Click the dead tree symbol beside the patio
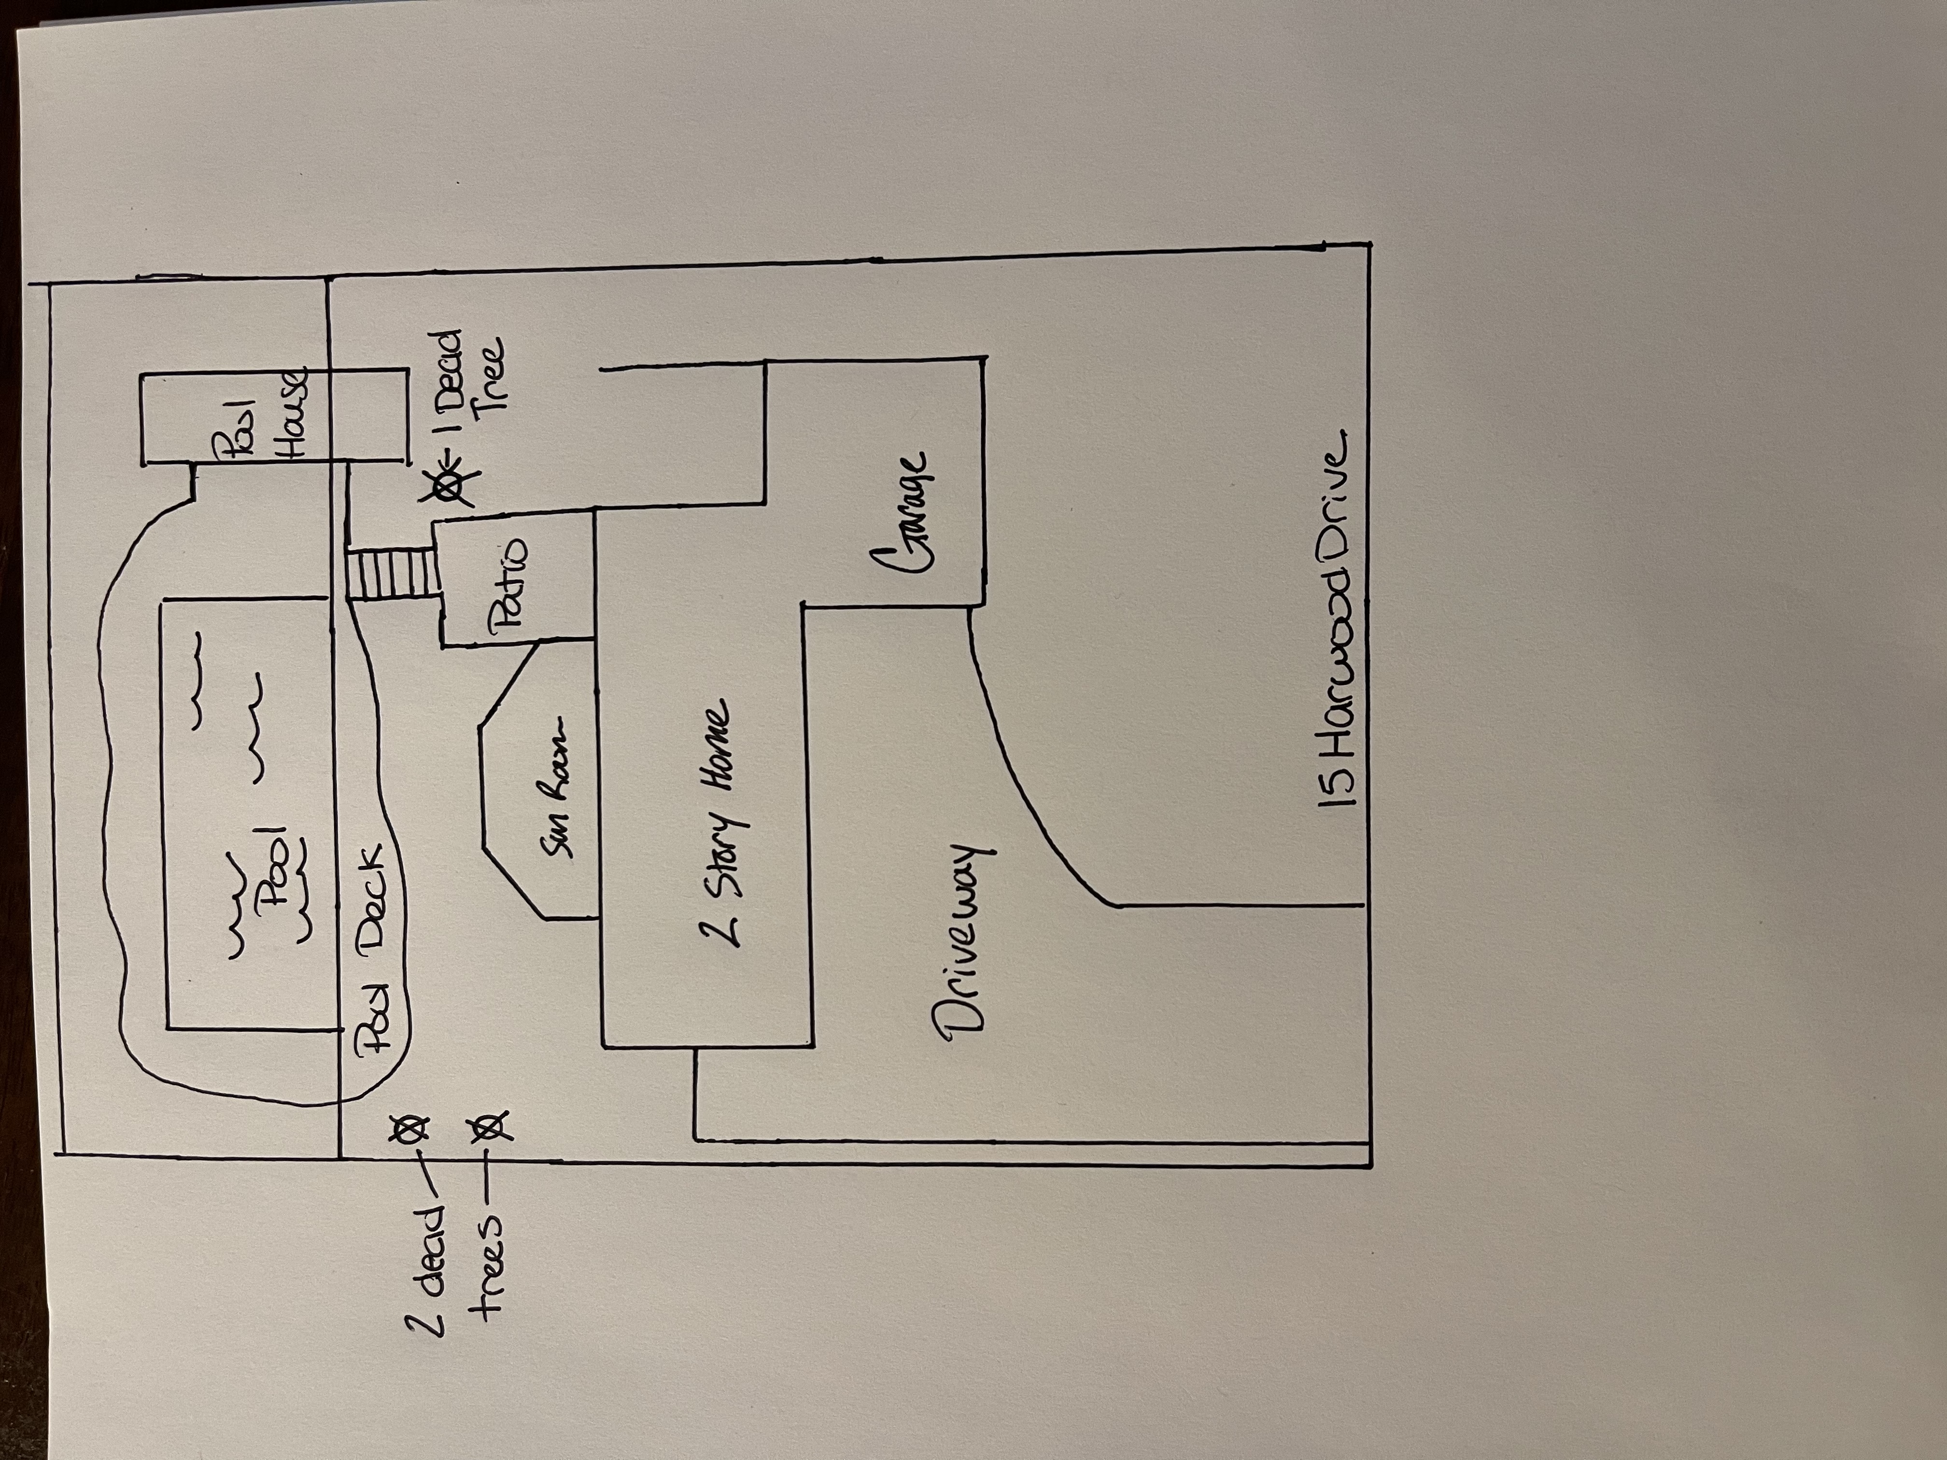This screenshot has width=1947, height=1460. click(x=450, y=484)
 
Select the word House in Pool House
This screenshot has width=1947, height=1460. click(x=291, y=414)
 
